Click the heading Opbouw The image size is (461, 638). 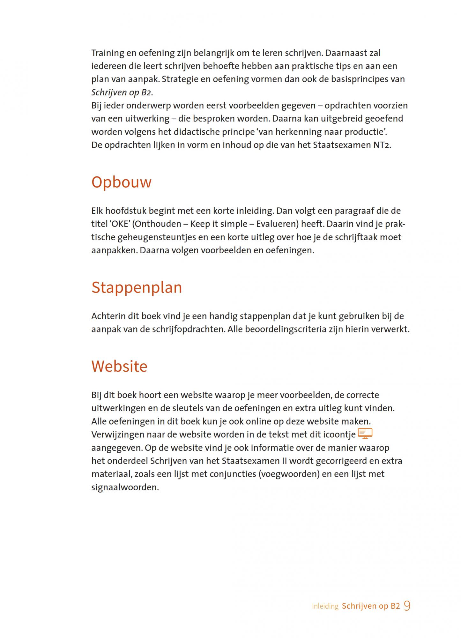[x=121, y=182]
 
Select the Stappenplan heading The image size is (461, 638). [x=137, y=287]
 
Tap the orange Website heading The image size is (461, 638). [x=119, y=366]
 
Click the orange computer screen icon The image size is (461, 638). [x=365, y=434]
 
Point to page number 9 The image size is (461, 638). [x=407, y=606]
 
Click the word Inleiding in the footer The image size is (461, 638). [x=325, y=606]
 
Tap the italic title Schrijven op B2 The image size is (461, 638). [x=121, y=93]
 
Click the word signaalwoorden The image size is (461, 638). [x=125, y=487]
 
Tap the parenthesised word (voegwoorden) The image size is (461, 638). [x=289, y=474]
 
